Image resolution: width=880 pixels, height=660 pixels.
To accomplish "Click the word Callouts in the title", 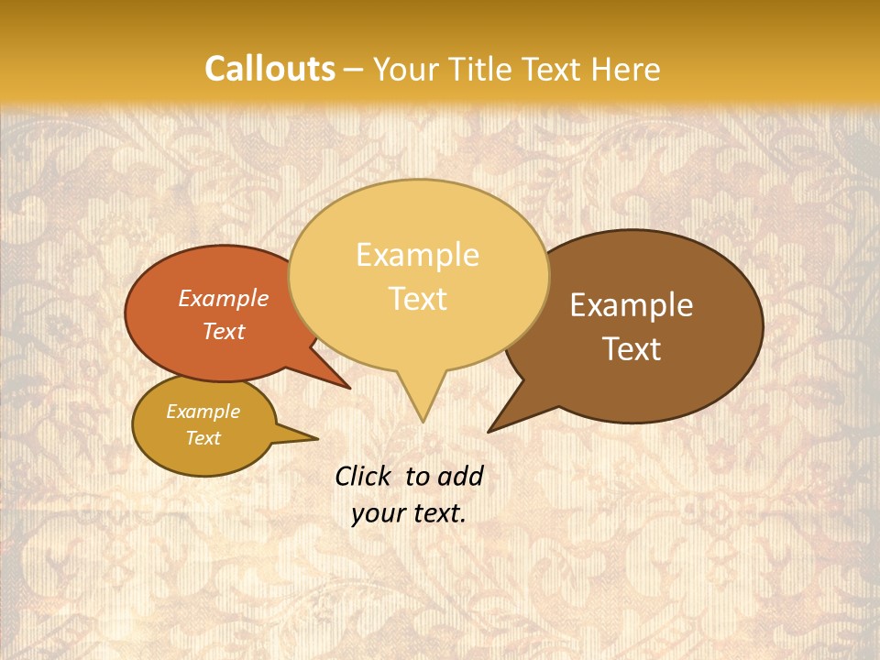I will click(x=269, y=69).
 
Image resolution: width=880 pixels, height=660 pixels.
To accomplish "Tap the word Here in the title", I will click(x=624, y=69).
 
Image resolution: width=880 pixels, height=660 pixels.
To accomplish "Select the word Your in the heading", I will click(x=407, y=69).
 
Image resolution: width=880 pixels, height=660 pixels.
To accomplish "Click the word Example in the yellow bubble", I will click(x=417, y=254).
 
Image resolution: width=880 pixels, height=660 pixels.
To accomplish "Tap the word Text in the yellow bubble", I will click(x=418, y=298).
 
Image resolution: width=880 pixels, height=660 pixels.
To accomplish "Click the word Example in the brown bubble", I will click(x=632, y=305).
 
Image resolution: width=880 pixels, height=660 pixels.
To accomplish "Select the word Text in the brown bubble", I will click(x=632, y=348).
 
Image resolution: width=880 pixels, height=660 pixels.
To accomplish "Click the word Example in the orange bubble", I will click(x=224, y=298).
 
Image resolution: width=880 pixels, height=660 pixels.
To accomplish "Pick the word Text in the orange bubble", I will click(x=224, y=331).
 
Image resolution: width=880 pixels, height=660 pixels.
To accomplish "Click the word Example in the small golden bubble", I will click(x=203, y=412).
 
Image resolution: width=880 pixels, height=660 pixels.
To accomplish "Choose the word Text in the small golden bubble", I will click(x=203, y=437).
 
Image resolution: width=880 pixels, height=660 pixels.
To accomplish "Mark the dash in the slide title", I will click(x=355, y=70).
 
